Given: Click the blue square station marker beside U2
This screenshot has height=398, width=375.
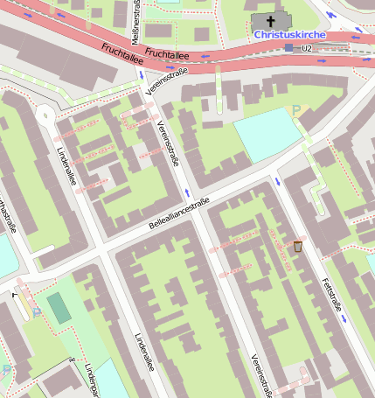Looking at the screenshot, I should (x=289, y=47).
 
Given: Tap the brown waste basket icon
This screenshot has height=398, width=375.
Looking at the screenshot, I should (x=298, y=247).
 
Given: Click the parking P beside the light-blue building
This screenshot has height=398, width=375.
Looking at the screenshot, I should (x=295, y=110).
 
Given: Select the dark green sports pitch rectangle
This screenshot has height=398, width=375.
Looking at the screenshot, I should (x=59, y=307).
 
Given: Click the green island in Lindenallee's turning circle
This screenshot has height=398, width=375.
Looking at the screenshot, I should (x=44, y=112).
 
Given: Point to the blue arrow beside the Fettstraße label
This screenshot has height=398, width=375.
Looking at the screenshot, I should (x=345, y=318).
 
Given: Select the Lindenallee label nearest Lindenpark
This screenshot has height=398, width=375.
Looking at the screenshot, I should (x=143, y=350).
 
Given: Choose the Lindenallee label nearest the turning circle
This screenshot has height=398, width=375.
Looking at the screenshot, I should (x=66, y=164).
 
